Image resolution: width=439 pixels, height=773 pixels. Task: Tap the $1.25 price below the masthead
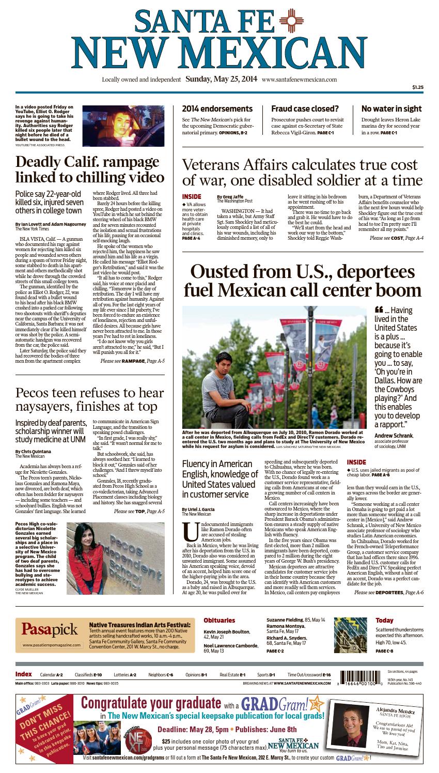pyautogui.click(x=417, y=88)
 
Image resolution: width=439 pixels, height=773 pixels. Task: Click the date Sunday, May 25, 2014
pyautogui.click(x=221, y=80)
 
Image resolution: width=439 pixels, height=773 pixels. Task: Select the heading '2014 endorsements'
pyautogui.click(x=217, y=109)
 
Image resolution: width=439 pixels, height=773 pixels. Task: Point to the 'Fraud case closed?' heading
pyautogui.click(x=305, y=109)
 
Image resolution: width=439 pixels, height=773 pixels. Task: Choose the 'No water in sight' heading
pyautogui.click(x=391, y=109)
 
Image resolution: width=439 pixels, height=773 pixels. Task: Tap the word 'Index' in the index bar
pyautogui.click(x=23, y=674)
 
